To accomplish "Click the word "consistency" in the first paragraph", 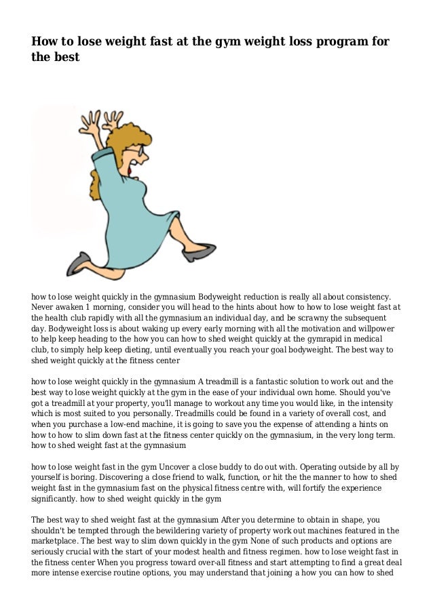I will point(365,296).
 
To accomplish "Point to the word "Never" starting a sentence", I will point(43,306).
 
